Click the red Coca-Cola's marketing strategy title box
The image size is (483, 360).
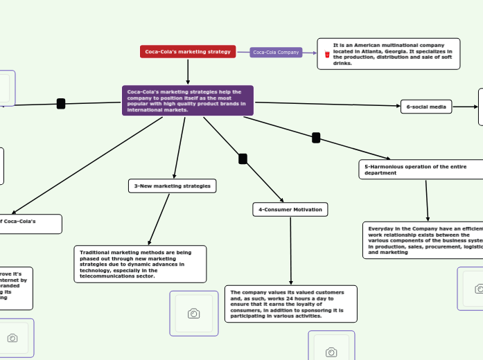(x=188, y=52)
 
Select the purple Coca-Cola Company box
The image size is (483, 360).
(x=276, y=52)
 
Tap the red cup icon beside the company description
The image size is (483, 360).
(x=327, y=53)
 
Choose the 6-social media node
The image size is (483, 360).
(x=426, y=107)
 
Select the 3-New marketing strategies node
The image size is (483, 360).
(x=173, y=186)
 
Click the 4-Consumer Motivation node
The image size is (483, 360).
(x=289, y=209)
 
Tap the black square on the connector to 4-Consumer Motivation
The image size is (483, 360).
(x=243, y=159)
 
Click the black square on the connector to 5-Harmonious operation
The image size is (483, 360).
(x=316, y=138)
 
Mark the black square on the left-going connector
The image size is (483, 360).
(x=61, y=104)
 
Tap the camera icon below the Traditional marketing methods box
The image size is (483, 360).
(x=194, y=314)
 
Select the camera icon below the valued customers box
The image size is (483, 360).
(x=331, y=352)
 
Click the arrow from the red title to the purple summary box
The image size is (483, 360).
(x=188, y=71)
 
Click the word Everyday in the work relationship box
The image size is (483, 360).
(x=380, y=228)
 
